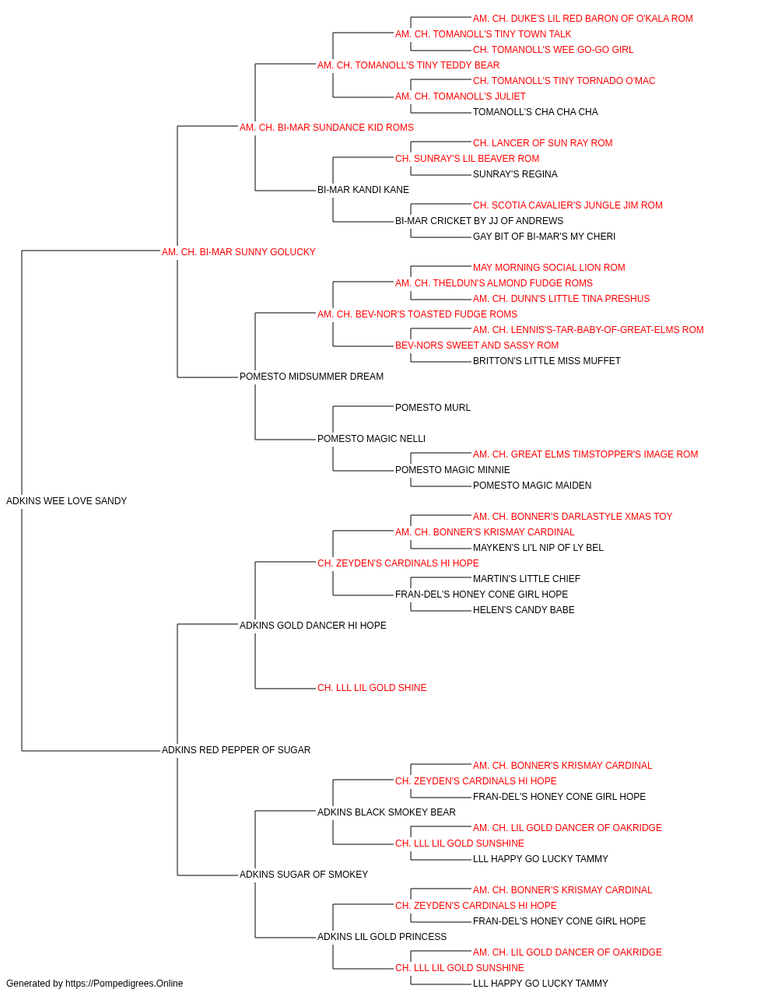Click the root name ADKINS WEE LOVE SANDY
(x=66, y=501)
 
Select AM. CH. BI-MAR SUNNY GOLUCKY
(x=238, y=252)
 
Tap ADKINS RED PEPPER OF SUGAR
(x=236, y=750)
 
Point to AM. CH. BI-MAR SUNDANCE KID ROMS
(x=326, y=128)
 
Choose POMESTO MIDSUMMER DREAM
(x=311, y=377)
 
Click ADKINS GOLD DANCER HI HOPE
(x=313, y=625)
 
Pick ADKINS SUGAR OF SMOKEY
(x=303, y=875)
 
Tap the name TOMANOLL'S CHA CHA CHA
(x=535, y=112)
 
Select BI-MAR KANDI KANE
(x=363, y=190)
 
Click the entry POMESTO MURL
(x=433, y=408)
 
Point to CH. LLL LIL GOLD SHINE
(x=372, y=688)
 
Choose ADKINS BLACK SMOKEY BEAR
(x=386, y=812)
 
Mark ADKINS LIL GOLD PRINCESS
(x=382, y=937)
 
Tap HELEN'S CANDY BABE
(x=524, y=610)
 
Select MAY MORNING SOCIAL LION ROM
(x=549, y=268)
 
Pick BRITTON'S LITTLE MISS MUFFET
(x=547, y=361)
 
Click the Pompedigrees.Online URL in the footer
(x=124, y=984)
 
